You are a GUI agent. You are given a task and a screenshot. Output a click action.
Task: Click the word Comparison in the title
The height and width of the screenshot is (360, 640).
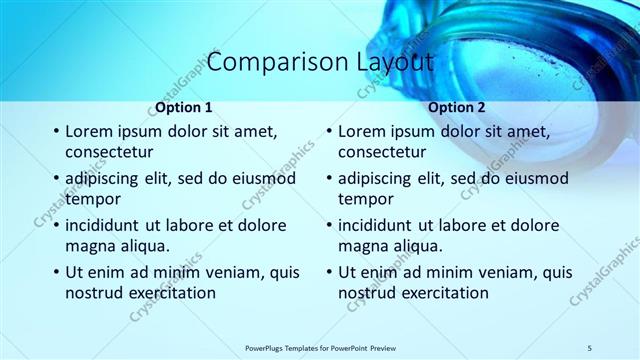(x=267, y=61)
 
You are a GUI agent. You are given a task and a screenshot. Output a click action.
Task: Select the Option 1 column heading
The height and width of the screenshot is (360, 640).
(x=184, y=107)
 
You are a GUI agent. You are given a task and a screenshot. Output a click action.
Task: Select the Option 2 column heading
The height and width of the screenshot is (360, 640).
(x=457, y=107)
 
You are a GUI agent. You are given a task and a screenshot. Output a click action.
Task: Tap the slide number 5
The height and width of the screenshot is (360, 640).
(x=590, y=347)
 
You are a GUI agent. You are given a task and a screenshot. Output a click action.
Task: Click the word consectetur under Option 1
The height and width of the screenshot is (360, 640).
(x=109, y=152)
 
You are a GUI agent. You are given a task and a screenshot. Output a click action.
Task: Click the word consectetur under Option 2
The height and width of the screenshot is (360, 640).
(x=382, y=152)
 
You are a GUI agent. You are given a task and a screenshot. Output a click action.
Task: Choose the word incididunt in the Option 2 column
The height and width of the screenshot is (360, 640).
(x=383, y=225)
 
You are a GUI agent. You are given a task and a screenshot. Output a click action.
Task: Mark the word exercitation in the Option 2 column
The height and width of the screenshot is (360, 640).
(x=439, y=293)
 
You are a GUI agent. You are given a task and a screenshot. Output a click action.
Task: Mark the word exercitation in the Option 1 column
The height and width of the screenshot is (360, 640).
(x=166, y=293)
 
